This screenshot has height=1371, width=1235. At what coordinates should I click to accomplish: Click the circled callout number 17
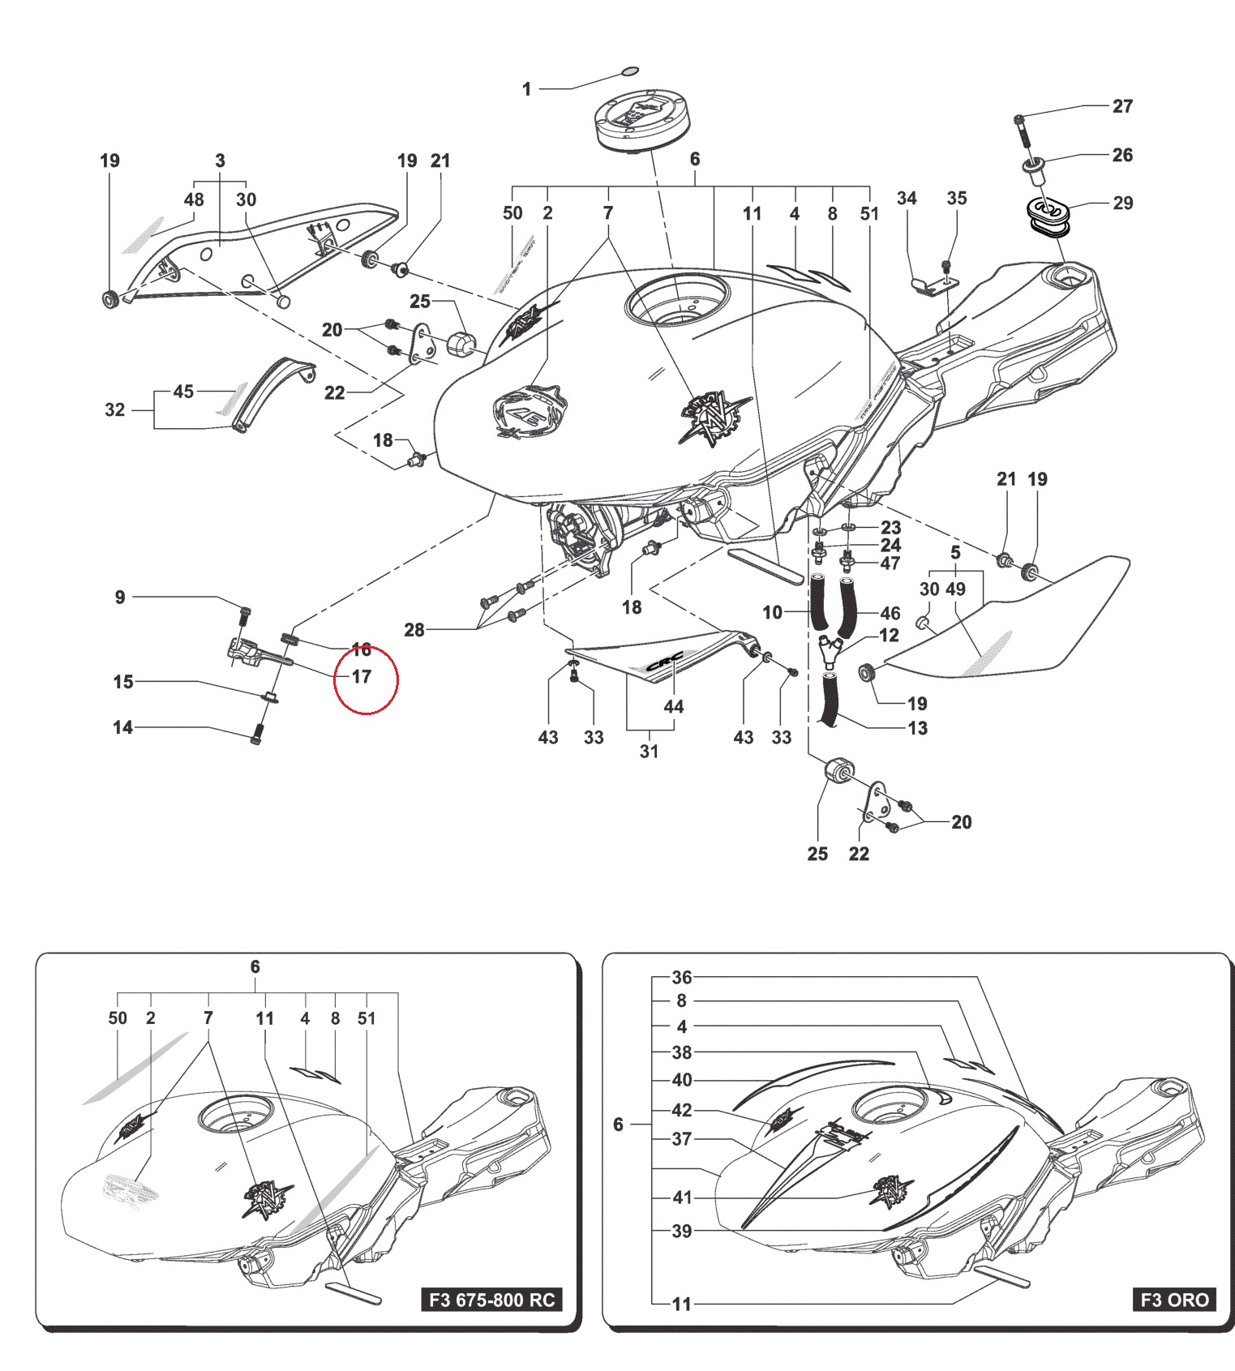pyautogui.click(x=361, y=676)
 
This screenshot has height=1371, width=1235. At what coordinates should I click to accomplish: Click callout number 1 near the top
pyautogui.click(x=526, y=89)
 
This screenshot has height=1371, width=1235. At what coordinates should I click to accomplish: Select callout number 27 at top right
pyautogui.click(x=1122, y=106)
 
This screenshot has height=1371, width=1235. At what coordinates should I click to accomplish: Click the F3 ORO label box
pyautogui.click(x=1174, y=1300)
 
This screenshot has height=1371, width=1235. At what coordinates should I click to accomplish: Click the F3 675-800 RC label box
pyautogui.click(x=491, y=1300)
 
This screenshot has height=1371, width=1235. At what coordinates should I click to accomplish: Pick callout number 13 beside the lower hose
pyautogui.click(x=917, y=728)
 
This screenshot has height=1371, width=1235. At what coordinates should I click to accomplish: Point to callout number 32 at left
pyautogui.click(x=115, y=409)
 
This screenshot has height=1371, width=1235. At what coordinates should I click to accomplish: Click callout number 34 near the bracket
pyautogui.click(x=907, y=199)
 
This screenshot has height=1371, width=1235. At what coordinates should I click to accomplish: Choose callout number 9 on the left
pyautogui.click(x=120, y=598)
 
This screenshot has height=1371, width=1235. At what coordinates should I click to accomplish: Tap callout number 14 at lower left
pyautogui.click(x=122, y=727)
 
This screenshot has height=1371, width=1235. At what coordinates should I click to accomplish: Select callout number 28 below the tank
pyautogui.click(x=414, y=630)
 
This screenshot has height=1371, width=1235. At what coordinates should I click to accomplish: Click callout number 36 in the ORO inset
pyautogui.click(x=682, y=977)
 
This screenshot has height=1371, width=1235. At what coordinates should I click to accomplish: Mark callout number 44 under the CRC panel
pyautogui.click(x=674, y=707)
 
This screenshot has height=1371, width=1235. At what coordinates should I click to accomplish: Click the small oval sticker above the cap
pyautogui.click(x=630, y=71)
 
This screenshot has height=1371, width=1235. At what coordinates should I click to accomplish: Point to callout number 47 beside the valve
pyautogui.click(x=890, y=563)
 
